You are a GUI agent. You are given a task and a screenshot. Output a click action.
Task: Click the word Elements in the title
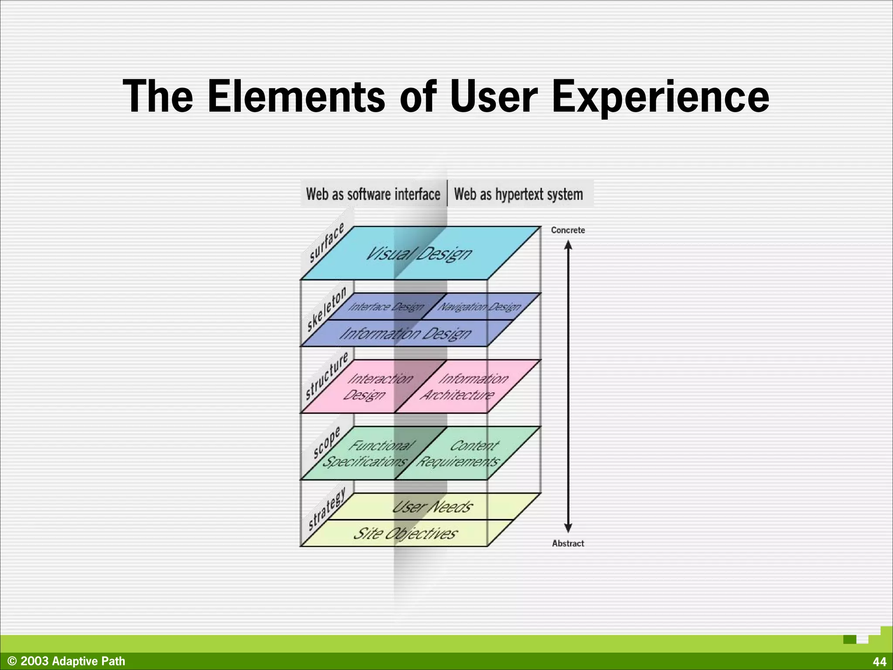[297, 96]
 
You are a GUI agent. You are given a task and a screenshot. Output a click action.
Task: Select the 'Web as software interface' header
[373, 194]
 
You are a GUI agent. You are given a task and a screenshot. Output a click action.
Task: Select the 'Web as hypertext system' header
[518, 194]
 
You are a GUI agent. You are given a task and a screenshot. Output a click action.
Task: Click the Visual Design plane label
[419, 253]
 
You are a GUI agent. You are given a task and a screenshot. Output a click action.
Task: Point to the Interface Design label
[386, 307]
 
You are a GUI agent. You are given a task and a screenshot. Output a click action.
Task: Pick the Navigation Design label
[479, 307]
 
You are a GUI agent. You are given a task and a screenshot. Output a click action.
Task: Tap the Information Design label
[406, 334]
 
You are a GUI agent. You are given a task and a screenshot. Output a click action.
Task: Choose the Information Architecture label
[464, 386]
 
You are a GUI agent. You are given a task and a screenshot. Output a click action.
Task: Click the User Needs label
[432, 506]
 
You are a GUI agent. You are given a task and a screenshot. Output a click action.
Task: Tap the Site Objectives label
[406, 533]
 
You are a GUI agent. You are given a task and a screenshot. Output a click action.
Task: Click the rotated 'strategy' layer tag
[327, 509]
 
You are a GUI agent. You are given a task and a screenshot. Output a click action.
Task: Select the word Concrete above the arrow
[568, 230]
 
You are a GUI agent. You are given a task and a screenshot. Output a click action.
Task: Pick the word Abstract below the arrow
[568, 543]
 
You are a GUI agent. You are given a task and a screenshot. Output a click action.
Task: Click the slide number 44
[879, 661]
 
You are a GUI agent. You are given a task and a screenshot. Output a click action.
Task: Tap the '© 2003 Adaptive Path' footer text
[66, 661]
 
